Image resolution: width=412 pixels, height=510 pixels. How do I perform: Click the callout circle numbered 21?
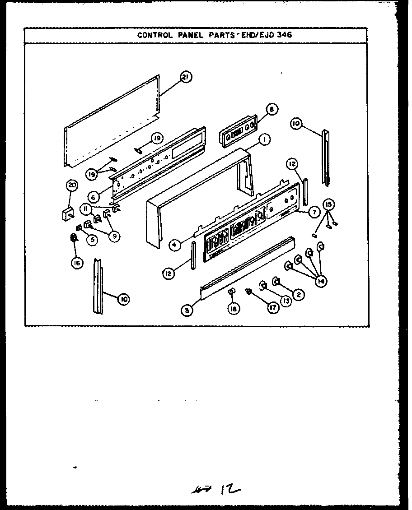pos(185,77)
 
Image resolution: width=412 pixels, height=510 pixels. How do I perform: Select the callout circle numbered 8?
pos(272,109)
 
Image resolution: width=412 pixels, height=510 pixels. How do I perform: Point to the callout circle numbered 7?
pos(312,213)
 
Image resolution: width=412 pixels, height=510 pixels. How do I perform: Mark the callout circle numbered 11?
pos(85,208)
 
